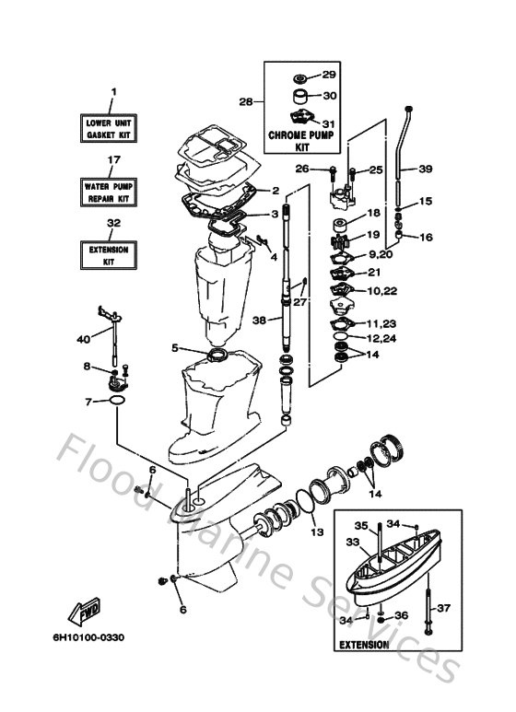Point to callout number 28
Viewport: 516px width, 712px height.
pyautogui.click(x=245, y=100)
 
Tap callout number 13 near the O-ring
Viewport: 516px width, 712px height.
pyautogui.click(x=316, y=531)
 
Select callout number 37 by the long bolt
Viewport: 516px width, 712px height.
pyautogui.click(x=444, y=608)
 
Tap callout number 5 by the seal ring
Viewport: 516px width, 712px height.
pyautogui.click(x=173, y=347)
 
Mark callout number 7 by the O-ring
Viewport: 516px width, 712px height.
pyautogui.click(x=89, y=402)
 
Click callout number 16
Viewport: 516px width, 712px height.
pyautogui.click(x=425, y=237)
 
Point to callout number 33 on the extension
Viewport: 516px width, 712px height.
pyautogui.click(x=351, y=543)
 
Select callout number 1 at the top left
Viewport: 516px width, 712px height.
pyautogui.click(x=113, y=91)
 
